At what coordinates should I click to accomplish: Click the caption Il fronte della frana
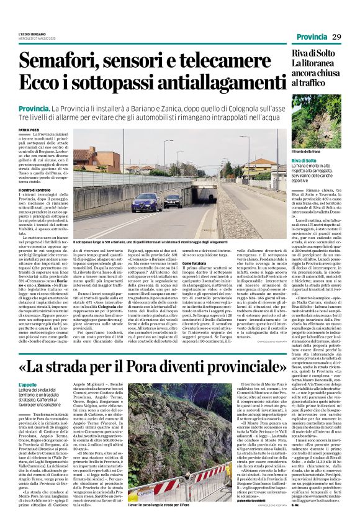click(x=310, y=151)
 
